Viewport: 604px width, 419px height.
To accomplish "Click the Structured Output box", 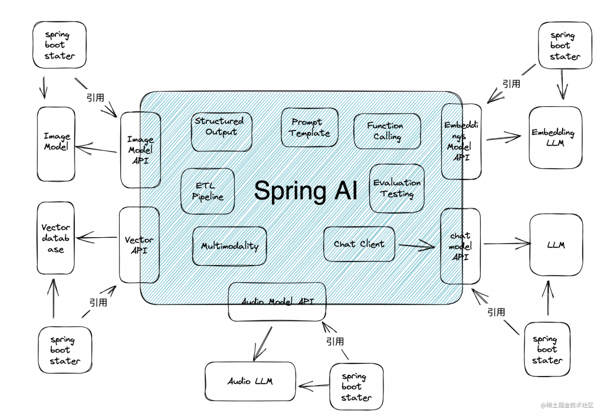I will (x=222, y=131).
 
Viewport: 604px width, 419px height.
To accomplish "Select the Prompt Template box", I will (x=310, y=127).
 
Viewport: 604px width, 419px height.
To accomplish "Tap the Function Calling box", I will (x=387, y=131).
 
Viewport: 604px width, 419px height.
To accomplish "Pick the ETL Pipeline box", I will (x=208, y=191).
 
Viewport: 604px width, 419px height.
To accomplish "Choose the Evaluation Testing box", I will (x=397, y=188).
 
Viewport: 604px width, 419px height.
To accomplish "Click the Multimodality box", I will (x=229, y=245).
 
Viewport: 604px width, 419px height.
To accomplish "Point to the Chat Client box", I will (x=359, y=244).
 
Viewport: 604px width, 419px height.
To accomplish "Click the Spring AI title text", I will (x=306, y=191).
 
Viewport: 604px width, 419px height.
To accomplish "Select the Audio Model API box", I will (x=277, y=302).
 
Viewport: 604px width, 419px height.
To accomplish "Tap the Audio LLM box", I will (x=251, y=381).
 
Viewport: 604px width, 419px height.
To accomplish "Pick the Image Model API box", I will (x=140, y=150).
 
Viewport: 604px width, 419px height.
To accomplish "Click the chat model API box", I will (x=461, y=245).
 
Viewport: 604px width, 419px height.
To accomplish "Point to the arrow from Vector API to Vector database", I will (x=98, y=238).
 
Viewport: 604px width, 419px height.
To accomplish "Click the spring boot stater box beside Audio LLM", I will (x=356, y=387).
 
